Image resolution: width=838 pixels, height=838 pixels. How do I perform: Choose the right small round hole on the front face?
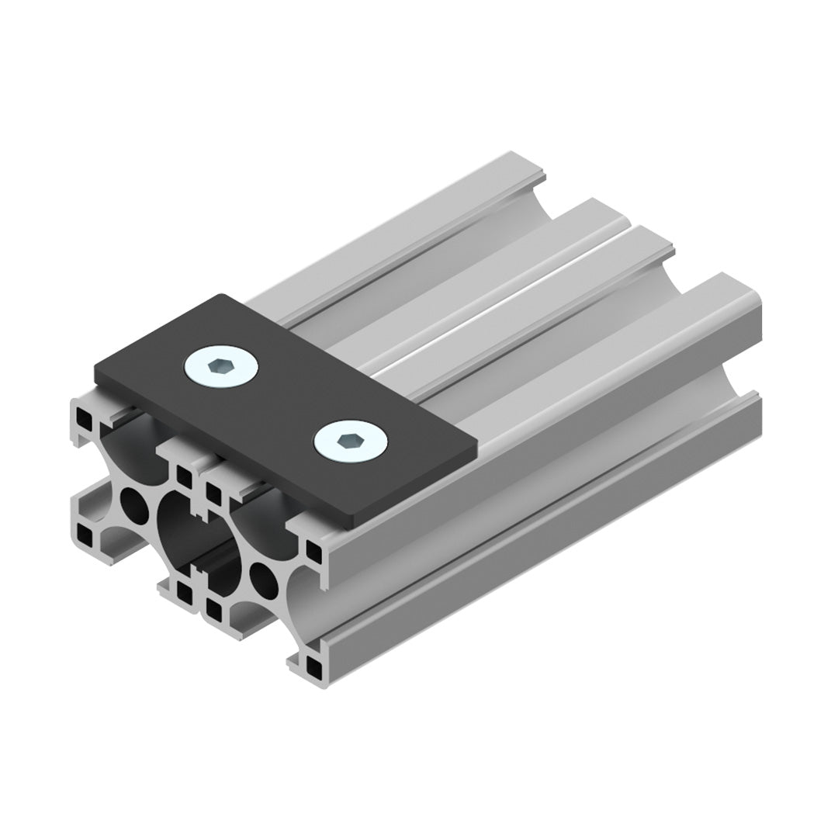(x=262, y=578)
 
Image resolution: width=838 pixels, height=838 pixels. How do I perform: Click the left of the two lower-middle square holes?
(x=185, y=594)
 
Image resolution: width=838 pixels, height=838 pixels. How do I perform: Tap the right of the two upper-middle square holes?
(x=211, y=492)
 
